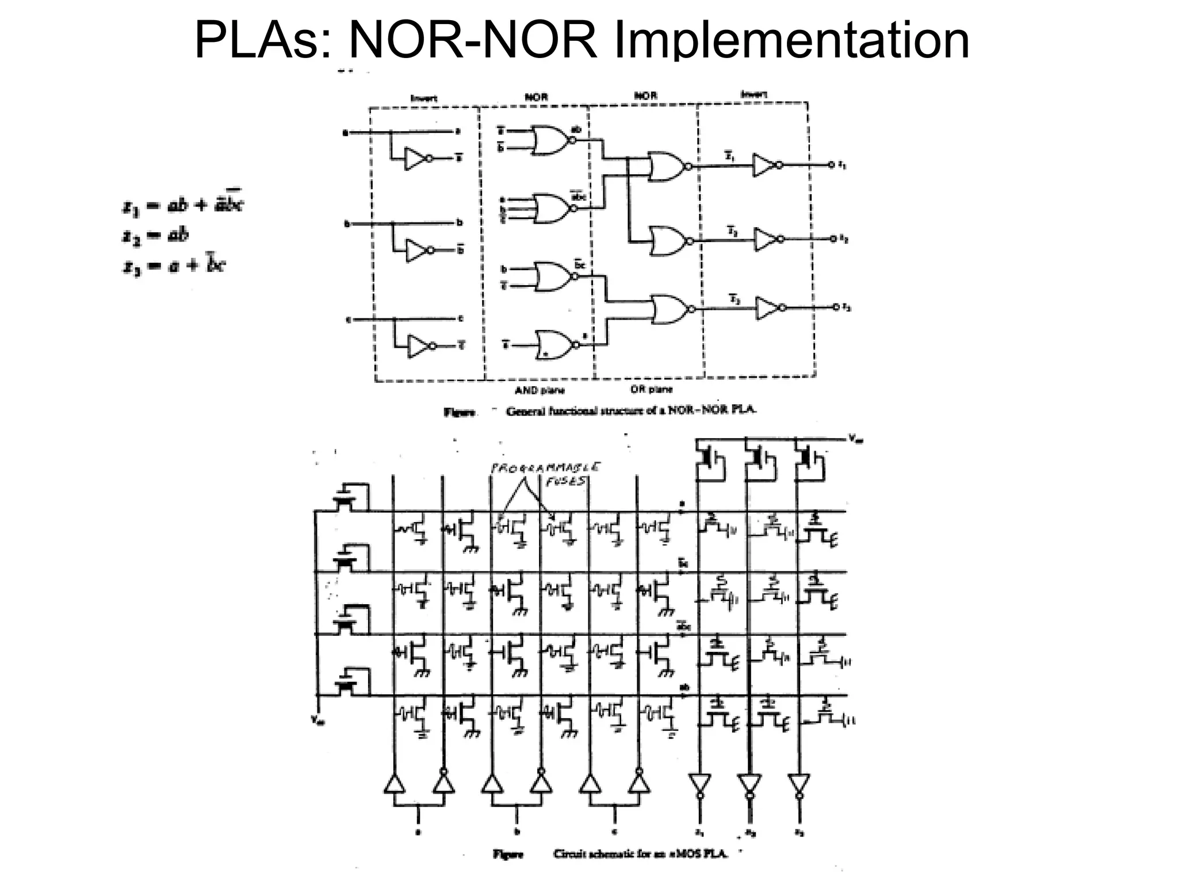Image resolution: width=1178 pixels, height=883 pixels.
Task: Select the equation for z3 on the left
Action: click(174, 266)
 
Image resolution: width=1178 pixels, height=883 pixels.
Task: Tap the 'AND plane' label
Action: click(539, 390)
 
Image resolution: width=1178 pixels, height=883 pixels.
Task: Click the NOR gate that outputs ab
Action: click(551, 140)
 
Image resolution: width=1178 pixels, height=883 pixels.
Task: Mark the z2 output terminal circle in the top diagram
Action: click(831, 238)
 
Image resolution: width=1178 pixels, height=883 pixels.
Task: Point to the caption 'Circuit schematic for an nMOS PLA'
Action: click(640, 854)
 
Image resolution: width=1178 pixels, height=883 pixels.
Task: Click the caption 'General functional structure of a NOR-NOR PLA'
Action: click(631, 410)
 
